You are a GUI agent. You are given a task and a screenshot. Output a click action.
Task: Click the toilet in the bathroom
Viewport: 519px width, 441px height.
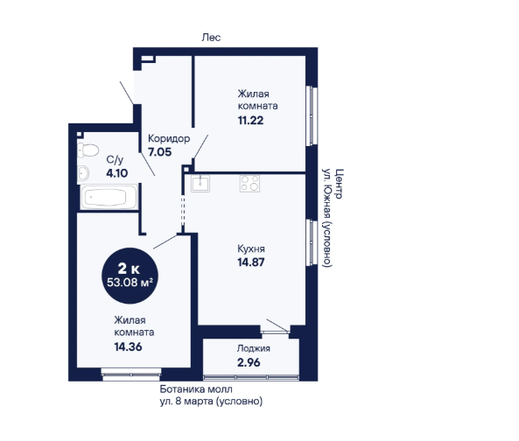click(x=88, y=150)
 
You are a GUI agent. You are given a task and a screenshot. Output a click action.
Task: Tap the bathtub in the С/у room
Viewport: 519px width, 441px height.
click(x=109, y=197)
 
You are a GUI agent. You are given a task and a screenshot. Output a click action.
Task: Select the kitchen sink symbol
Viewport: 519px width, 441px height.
click(x=200, y=183)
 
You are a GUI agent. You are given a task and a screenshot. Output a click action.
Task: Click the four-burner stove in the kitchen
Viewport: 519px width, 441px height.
click(x=250, y=183)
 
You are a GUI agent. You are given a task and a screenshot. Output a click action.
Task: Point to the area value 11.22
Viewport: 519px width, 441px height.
click(x=251, y=121)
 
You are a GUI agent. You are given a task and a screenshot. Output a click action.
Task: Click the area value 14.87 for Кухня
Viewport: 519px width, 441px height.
click(x=251, y=262)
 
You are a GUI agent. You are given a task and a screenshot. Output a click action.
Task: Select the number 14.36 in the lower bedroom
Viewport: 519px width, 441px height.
click(x=128, y=346)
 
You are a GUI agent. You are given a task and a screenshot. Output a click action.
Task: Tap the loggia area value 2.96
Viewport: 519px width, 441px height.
click(x=249, y=362)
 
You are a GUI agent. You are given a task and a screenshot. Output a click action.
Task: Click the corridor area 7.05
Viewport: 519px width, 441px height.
click(x=160, y=152)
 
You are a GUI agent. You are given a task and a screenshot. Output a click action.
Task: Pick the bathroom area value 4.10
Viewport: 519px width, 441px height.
click(x=117, y=173)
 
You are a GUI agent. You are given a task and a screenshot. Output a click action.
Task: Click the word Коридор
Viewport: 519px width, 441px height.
click(x=169, y=138)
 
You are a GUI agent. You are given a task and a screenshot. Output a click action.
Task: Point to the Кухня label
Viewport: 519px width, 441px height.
click(x=251, y=248)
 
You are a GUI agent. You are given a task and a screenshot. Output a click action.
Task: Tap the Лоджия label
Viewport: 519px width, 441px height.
click(x=254, y=348)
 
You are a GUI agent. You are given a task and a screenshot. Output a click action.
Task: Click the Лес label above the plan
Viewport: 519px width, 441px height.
click(x=211, y=38)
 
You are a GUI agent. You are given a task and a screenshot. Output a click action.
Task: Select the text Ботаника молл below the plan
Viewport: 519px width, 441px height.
click(x=196, y=389)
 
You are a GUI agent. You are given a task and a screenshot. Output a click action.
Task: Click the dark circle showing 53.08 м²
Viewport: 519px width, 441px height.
click(x=130, y=276)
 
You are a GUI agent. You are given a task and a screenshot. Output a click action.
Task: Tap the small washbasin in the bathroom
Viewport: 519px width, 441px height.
click(x=83, y=173)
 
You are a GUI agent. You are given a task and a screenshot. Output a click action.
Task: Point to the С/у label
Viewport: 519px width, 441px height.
click(x=115, y=160)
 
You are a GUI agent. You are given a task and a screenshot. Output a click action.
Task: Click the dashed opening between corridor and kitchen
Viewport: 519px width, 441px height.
click(x=183, y=212)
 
